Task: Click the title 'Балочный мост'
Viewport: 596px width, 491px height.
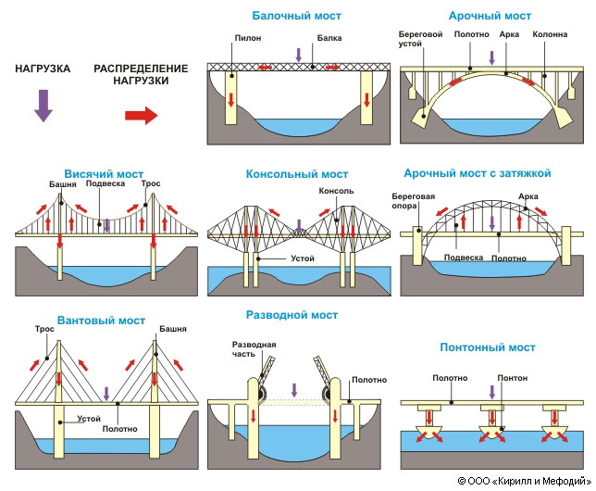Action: click(x=297, y=17)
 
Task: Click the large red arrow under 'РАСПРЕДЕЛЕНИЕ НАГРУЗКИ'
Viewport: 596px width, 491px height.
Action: click(x=141, y=115)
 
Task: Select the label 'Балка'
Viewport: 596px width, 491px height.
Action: click(x=329, y=39)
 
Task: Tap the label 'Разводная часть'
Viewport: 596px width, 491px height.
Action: click(x=254, y=350)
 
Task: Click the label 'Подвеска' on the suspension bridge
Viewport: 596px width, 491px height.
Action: click(x=105, y=183)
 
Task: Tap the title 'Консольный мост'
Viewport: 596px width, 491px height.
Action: click(x=297, y=174)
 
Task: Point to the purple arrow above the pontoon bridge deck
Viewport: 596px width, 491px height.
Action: click(x=491, y=394)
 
